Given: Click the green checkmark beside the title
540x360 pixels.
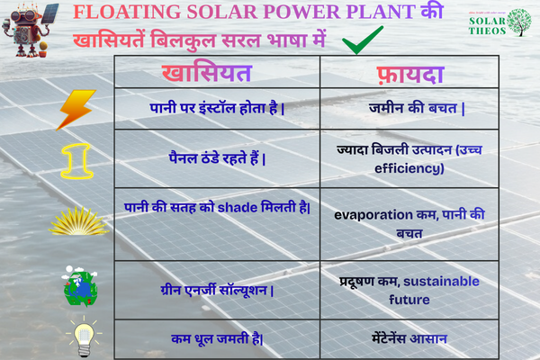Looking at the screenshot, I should pos(362,40).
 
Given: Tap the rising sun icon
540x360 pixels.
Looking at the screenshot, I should pos(76,219).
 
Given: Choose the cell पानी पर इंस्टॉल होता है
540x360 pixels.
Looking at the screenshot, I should pos(217,108).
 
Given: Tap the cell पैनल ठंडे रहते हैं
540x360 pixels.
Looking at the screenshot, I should pos(217,157).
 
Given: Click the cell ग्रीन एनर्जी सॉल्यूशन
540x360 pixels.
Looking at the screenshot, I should pos(217,290).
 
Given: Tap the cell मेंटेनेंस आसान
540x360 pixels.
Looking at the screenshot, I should pos(410,338).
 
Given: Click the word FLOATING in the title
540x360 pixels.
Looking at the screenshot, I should pos(128,13).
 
